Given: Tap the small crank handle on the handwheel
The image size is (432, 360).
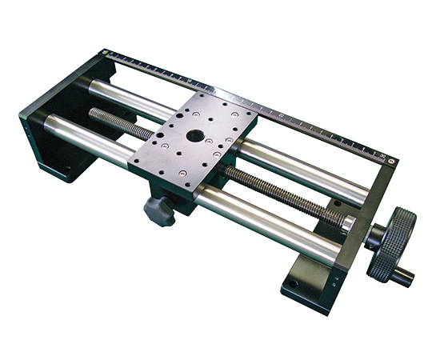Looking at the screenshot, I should click(403, 277).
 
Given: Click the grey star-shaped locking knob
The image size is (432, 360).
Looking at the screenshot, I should click(158, 210).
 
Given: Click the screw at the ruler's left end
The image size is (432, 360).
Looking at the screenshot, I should click(106, 54).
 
